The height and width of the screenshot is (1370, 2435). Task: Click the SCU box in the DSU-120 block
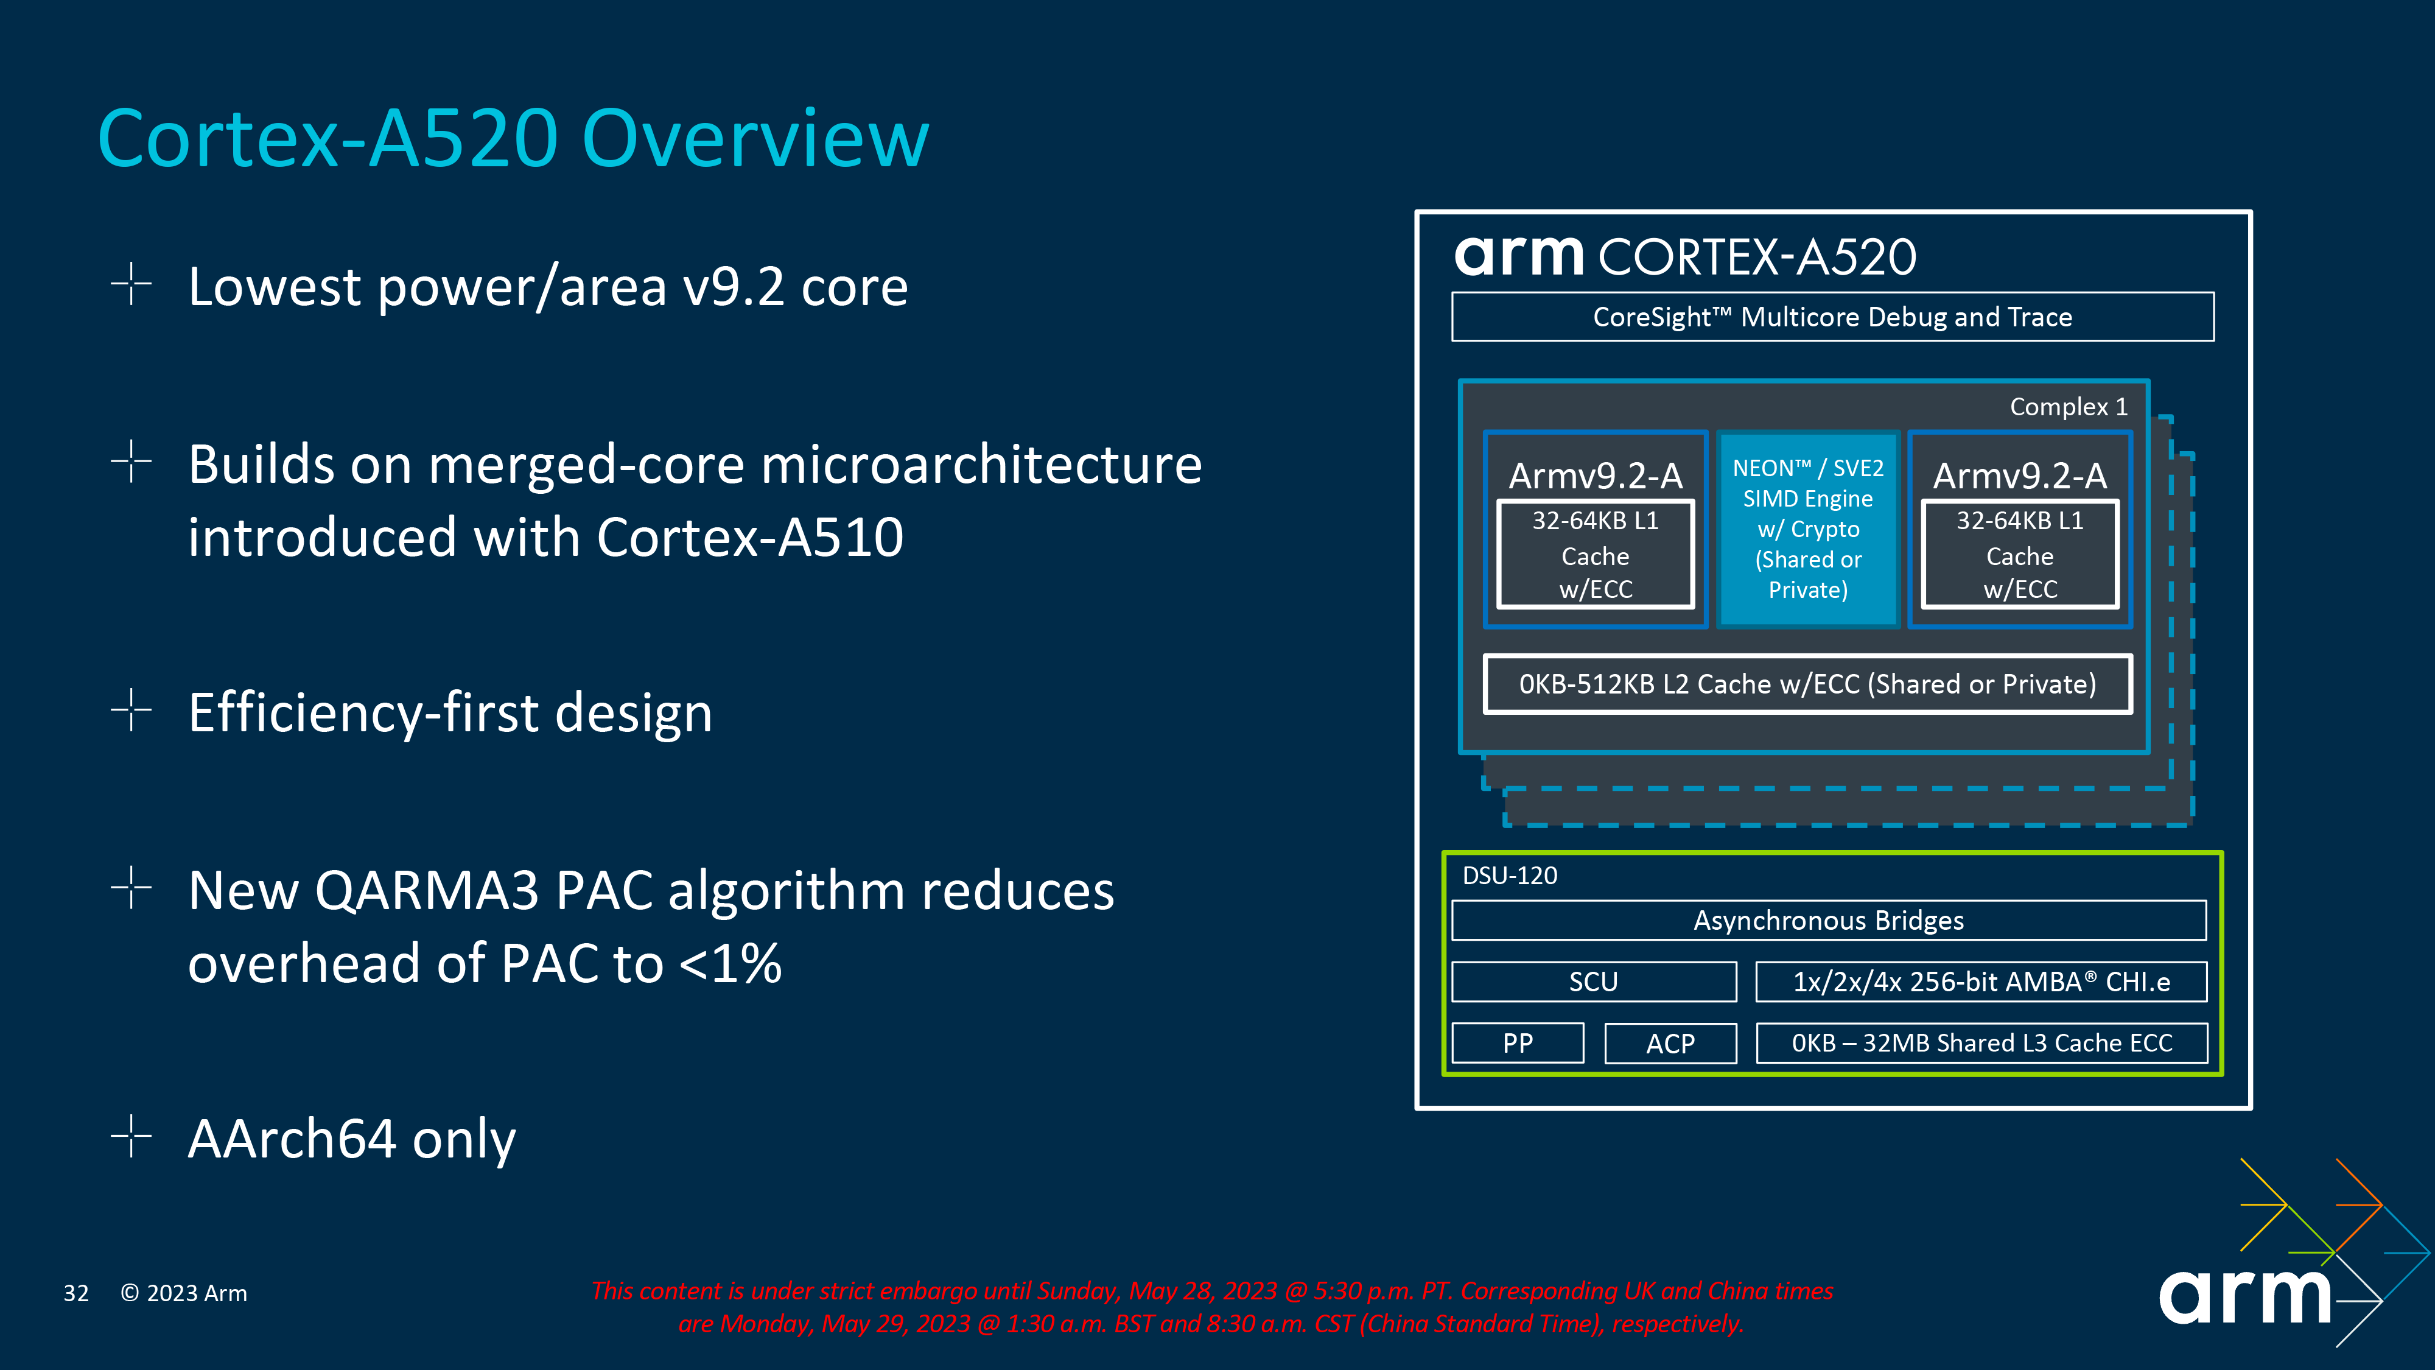click(x=1594, y=982)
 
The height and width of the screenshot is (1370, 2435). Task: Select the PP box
click(x=1517, y=1043)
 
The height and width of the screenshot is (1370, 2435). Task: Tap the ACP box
click(x=1670, y=1043)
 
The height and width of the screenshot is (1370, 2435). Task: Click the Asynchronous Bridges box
click(x=1828, y=920)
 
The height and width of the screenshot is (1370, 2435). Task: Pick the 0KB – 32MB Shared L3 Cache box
click(x=1981, y=1043)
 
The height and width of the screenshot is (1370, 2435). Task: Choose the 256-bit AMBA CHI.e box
click(x=1981, y=982)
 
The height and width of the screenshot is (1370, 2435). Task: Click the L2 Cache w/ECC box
click(x=1807, y=684)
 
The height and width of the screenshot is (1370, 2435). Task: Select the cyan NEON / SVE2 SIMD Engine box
click(x=1807, y=529)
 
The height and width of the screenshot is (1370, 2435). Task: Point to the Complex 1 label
click(x=2069, y=407)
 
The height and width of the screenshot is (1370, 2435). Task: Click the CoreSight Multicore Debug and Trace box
click(x=1832, y=317)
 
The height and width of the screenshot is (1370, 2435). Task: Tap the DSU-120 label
click(x=1510, y=876)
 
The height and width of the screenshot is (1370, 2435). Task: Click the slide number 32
click(x=75, y=1293)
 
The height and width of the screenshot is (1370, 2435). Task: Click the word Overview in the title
click(x=755, y=139)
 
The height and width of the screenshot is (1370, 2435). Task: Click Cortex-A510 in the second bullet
click(x=749, y=537)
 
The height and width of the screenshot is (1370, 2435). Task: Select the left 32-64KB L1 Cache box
click(x=1596, y=555)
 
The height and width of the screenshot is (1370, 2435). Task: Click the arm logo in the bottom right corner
click(x=2245, y=1295)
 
